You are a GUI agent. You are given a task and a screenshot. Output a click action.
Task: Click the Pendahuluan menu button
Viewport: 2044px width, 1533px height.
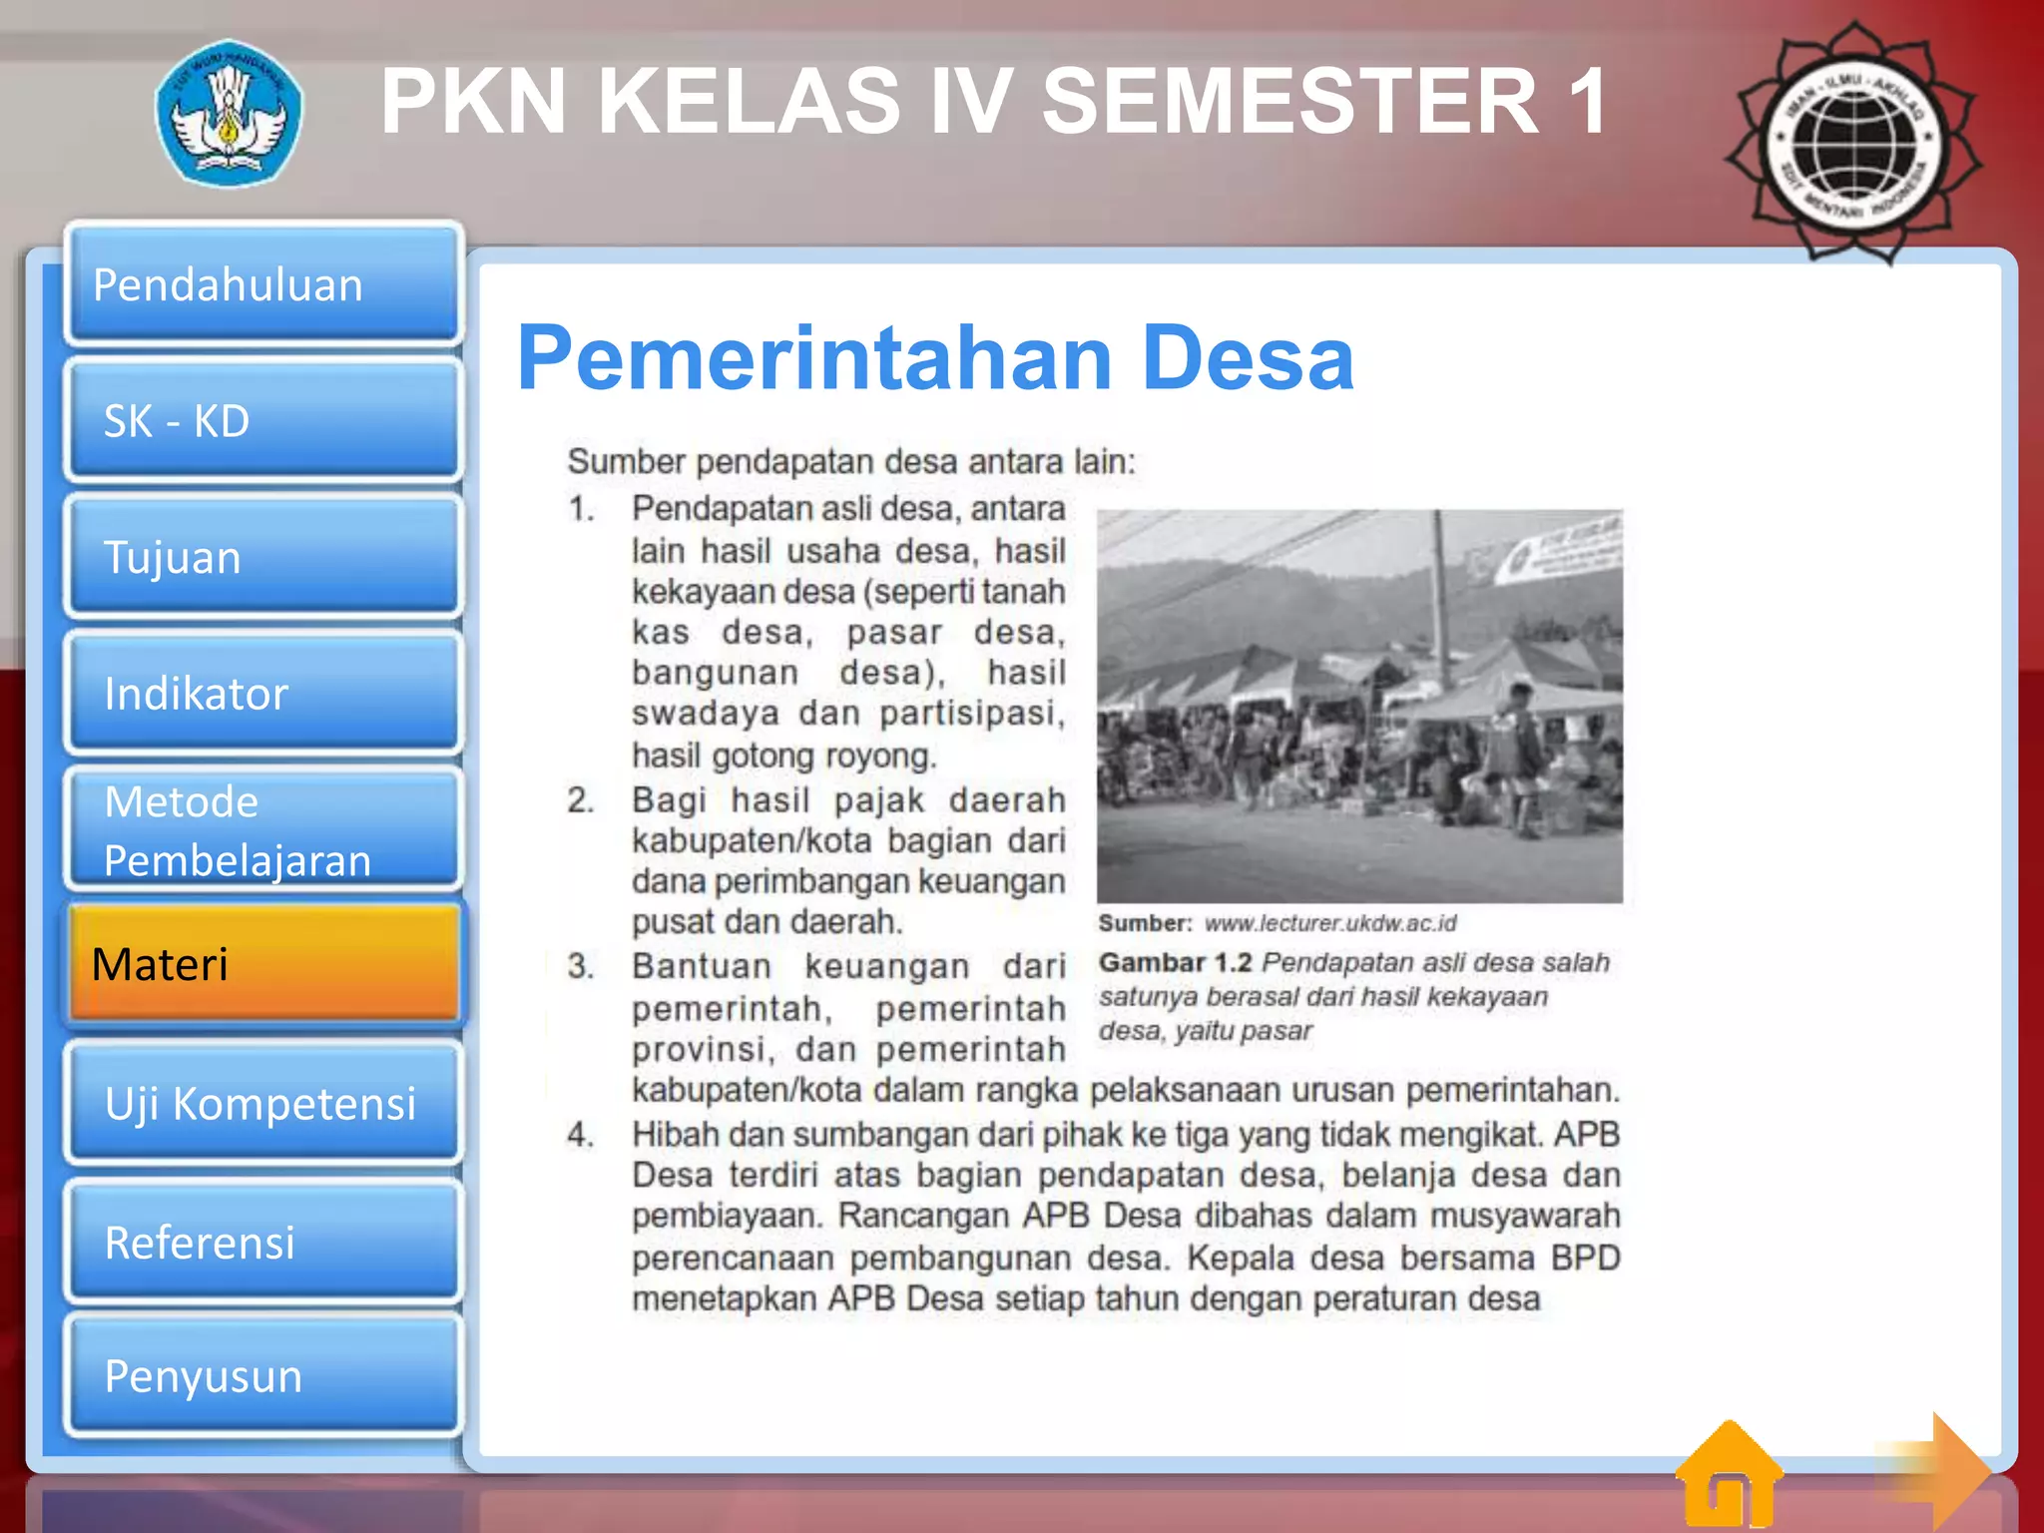[x=263, y=284]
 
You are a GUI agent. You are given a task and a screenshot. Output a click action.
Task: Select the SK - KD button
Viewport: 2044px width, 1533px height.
[x=263, y=420]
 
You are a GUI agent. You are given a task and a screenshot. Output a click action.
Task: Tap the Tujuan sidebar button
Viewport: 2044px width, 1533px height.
[x=263, y=557]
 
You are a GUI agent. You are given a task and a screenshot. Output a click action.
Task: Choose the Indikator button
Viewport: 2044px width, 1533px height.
[x=263, y=693]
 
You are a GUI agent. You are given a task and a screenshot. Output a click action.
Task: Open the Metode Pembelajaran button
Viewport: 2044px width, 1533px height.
[x=263, y=829]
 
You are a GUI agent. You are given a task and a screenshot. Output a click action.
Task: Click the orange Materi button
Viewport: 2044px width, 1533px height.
[x=263, y=964]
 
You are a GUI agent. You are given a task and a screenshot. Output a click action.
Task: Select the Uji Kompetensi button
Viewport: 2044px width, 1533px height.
[x=263, y=1103]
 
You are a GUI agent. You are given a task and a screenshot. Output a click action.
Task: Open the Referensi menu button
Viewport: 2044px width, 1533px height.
[x=263, y=1242]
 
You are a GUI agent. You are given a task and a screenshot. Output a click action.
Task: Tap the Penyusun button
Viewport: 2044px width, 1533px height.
[x=263, y=1376]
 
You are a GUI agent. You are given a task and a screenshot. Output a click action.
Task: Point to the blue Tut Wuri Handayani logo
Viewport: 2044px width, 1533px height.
[x=230, y=113]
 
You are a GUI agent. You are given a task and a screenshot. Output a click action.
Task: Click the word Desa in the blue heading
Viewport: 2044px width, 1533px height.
[x=1247, y=358]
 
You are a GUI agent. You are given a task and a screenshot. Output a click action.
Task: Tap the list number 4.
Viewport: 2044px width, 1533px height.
[x=581, y=1135]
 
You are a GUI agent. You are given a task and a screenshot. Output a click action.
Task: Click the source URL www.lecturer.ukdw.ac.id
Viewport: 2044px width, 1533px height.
[x=1330, y=923]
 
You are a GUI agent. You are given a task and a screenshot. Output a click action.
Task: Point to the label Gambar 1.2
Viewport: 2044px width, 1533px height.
[x=1175, y=962]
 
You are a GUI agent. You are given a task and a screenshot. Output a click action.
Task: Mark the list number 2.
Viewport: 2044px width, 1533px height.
[x=581, y=800]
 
